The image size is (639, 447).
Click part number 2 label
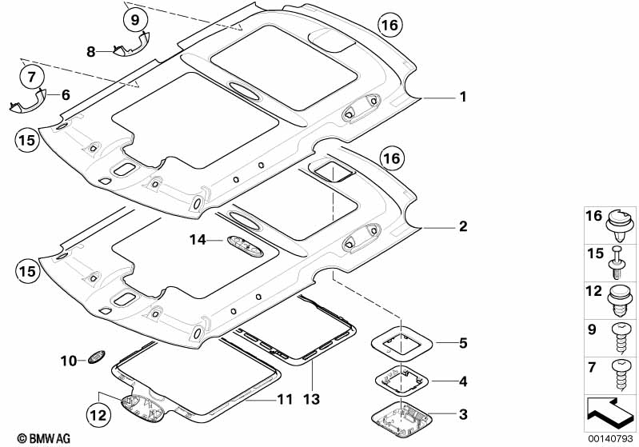point(462,227)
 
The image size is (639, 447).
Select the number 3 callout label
point(462,414)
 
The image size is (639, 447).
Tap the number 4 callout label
point(462,379)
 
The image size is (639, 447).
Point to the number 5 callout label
point(462,344)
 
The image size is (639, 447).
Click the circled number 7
point(33,78)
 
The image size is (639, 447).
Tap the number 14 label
point(198,238)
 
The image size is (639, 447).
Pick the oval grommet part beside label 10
point(94,358)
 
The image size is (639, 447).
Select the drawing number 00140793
point(613,438)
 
